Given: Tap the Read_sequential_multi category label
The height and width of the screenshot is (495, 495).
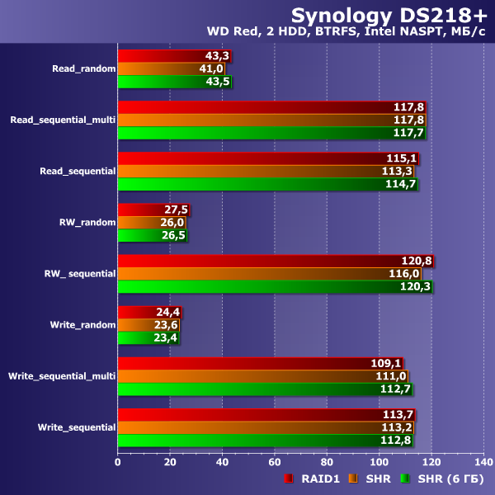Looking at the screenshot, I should [63, 120].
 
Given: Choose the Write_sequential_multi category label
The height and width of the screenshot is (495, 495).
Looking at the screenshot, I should [62, 376].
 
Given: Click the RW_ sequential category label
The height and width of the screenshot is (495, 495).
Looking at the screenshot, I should [81, 273].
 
